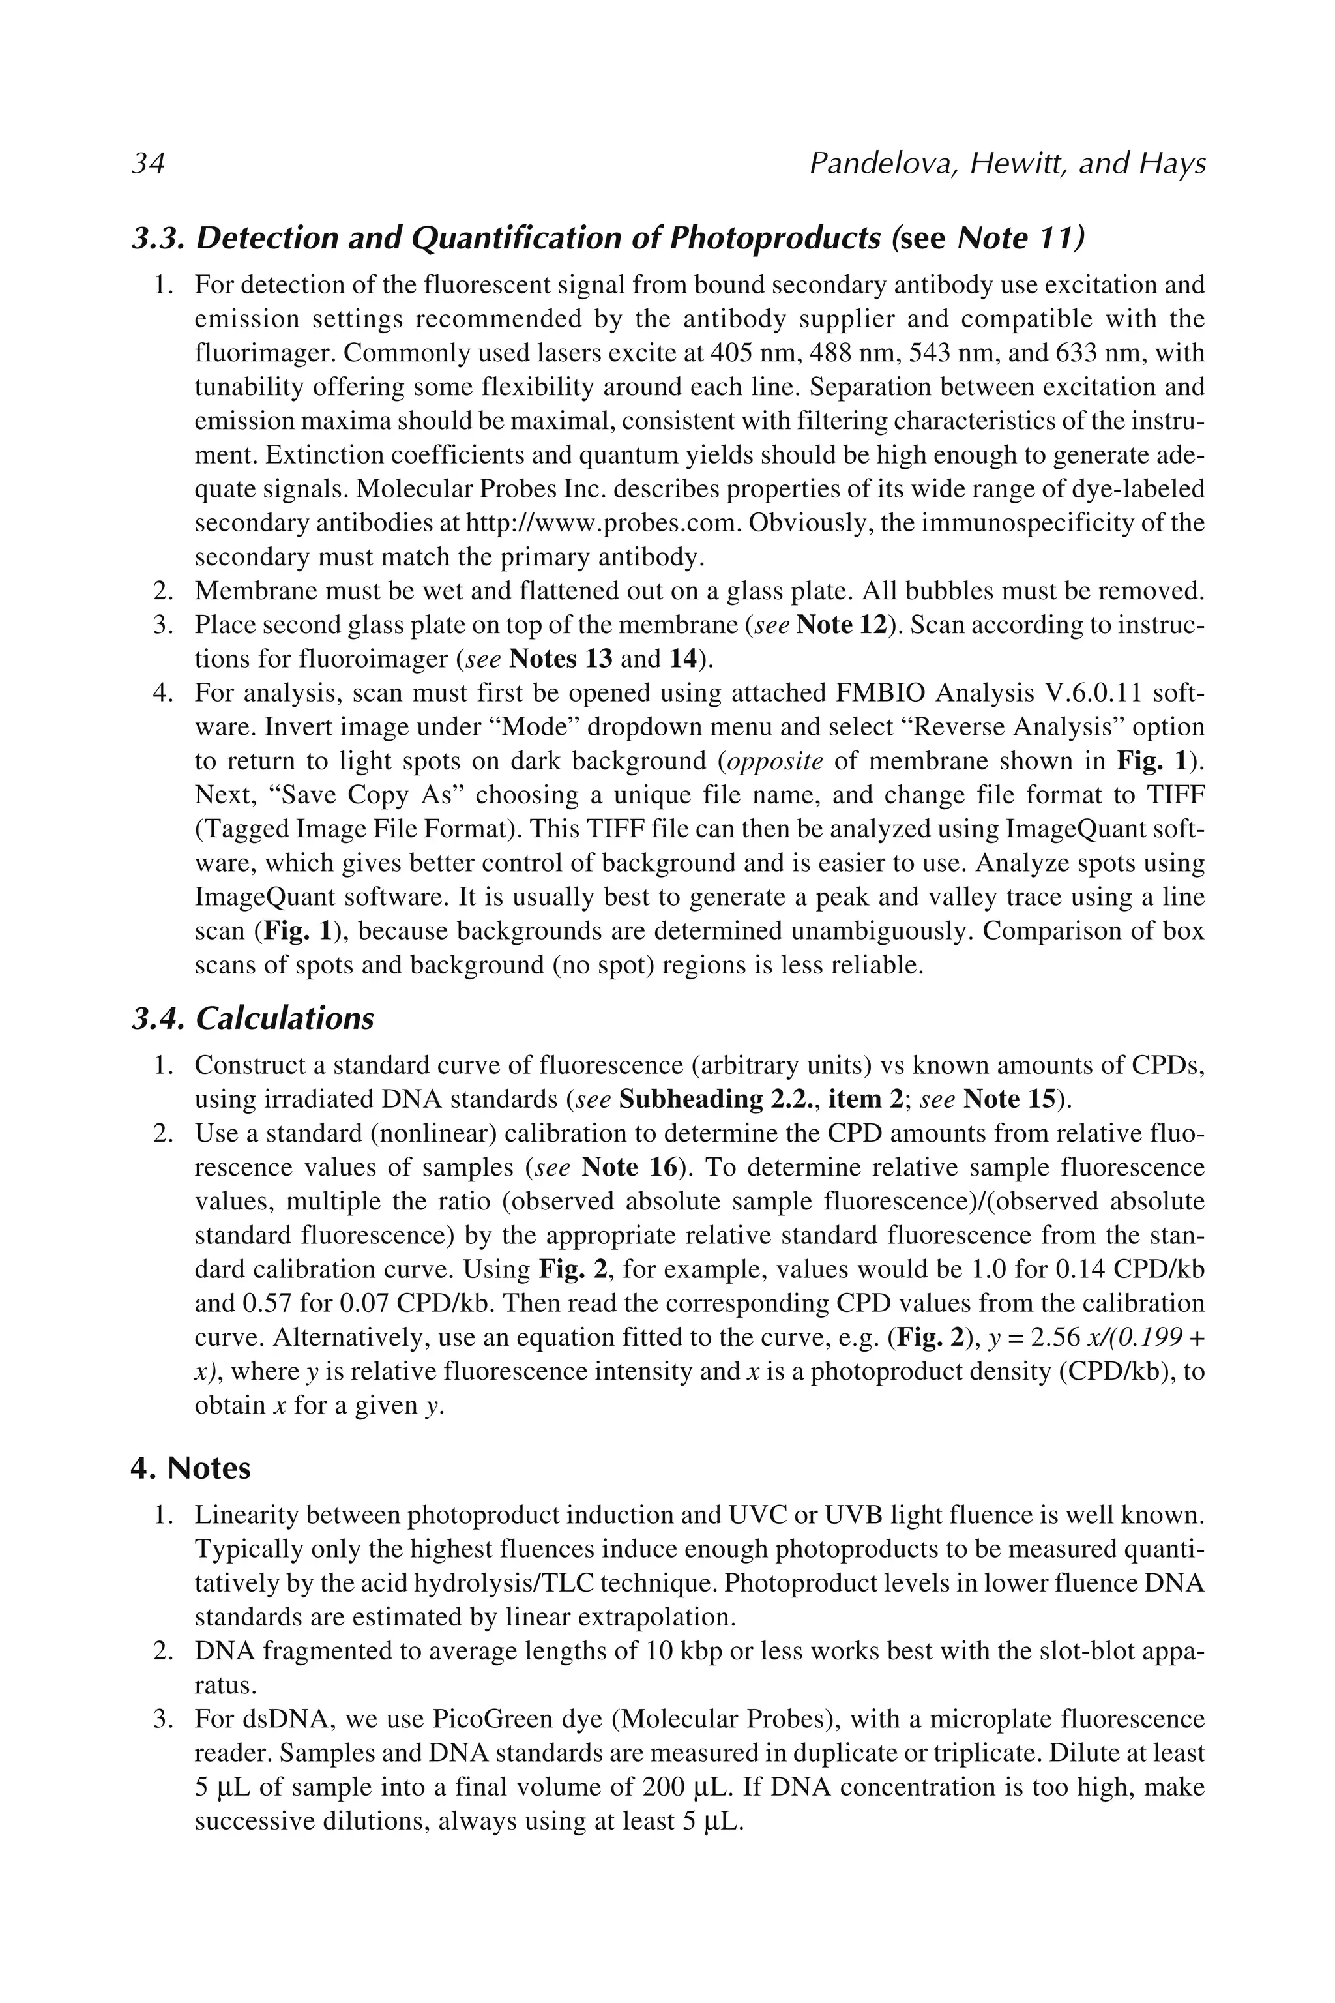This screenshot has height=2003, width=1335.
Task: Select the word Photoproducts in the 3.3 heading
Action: (x=775, y=239)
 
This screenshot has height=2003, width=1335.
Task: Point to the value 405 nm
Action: (x=744, y=353)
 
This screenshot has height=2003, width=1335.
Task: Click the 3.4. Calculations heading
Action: (x=253, y=1018)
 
